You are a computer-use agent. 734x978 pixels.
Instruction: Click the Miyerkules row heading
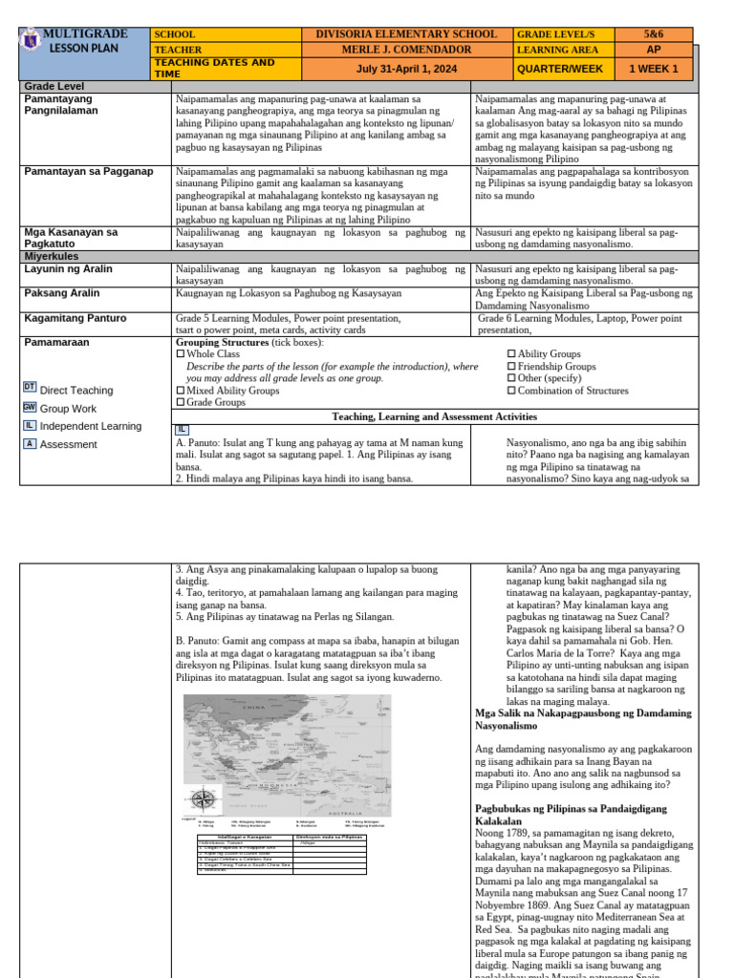click(54, 257)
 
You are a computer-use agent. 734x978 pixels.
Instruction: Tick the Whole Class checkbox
click(181, 354)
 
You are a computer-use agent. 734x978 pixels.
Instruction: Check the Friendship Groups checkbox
click(510, 367)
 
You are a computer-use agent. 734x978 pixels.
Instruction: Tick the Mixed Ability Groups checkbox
click(181, 391)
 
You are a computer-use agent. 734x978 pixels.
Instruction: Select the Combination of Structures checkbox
click(510, 391)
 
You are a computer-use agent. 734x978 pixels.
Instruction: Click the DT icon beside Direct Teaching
click(30, 387)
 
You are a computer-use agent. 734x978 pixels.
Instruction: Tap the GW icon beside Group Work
click(30, 407)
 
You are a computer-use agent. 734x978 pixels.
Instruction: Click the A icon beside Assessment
click(30, 443)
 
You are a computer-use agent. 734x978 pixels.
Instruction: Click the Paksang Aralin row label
click(63, 293)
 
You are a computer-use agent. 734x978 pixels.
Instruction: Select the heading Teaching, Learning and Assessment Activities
click(434, 416)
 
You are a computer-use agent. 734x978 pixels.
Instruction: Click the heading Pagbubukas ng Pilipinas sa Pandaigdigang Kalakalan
click(571, 815)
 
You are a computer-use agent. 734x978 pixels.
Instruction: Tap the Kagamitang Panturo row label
click(75, 318)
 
